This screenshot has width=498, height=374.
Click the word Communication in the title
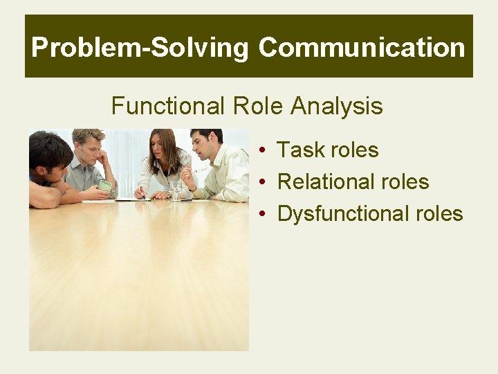362,48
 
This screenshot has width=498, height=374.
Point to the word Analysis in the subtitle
337,106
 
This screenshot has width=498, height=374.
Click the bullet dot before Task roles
264,150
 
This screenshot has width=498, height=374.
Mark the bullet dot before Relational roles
264,182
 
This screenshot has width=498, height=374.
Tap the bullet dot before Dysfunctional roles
264,214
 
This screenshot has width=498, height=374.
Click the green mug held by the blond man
104,185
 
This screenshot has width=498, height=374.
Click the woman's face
163,147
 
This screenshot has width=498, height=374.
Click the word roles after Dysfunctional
436,213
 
